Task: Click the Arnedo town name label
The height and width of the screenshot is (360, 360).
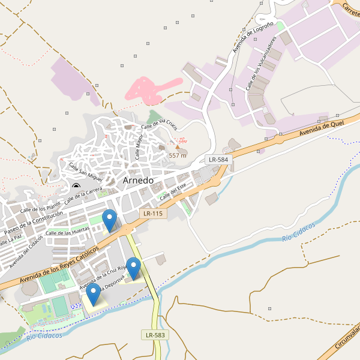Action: click(x=138, y=180)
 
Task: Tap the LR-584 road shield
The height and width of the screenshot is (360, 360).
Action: click(x=218, y=160)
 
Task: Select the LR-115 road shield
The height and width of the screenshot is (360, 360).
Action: click(x=152, y=214)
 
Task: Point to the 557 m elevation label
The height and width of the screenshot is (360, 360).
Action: click(x=178, y=155)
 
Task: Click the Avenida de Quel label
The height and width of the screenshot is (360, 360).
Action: click(x=322, y=126)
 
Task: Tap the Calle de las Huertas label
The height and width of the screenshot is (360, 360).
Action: click(x=67, y=232)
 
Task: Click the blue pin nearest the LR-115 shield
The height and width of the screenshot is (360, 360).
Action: click(x=109, y=220)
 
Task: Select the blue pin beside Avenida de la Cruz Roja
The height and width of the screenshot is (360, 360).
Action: click(x=133, y=268)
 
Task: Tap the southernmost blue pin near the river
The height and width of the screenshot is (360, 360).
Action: click(x=94, y=294)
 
